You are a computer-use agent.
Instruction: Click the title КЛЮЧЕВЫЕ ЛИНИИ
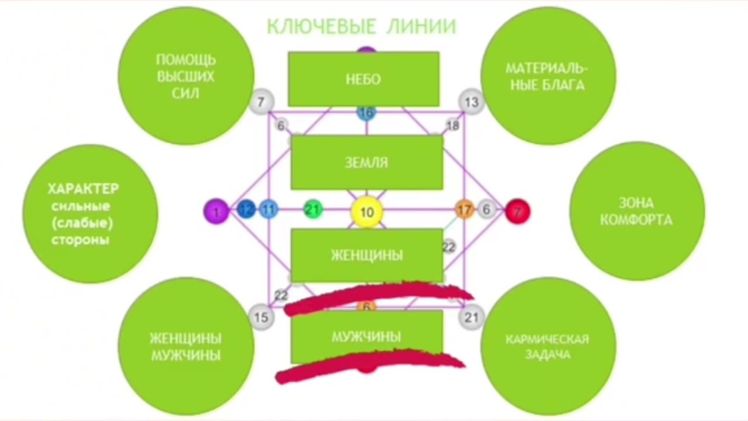361,26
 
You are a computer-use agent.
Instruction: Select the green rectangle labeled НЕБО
363,79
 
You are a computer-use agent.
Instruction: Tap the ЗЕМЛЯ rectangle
366,162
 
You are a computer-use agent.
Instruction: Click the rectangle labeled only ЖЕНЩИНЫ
366,255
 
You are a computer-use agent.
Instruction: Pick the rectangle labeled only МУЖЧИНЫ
366,336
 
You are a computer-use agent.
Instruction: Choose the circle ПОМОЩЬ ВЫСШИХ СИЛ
186,76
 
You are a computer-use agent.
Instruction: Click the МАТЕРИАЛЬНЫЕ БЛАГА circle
548,76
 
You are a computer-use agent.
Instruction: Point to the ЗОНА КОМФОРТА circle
636,211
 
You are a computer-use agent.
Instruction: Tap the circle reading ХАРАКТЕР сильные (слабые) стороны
90,213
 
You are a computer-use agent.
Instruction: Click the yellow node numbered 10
366,212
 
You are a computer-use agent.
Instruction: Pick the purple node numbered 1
216,211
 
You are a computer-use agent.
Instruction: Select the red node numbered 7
517,211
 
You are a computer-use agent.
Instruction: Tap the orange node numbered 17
465,209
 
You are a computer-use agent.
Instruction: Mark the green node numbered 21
313,209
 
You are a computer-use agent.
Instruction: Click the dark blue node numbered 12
247,209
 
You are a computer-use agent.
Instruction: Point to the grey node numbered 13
471,102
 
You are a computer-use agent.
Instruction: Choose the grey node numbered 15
261,318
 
